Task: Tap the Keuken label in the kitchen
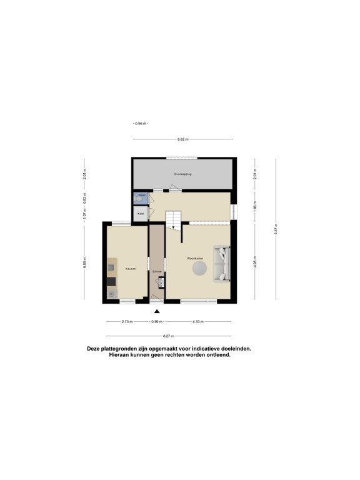click(x=130, y=269)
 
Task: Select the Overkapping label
click(x=183, y=174)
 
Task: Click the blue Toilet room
click(x=139, y=199)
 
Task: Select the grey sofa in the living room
click(x=222, y=263)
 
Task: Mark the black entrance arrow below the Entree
click(x=157, y=312)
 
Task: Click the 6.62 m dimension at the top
click(x=183, y=139)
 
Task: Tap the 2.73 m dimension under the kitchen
click(x=129, y=322)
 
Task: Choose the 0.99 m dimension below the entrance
click(x=156, y=322)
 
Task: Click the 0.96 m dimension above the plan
click(x=140, y=123)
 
